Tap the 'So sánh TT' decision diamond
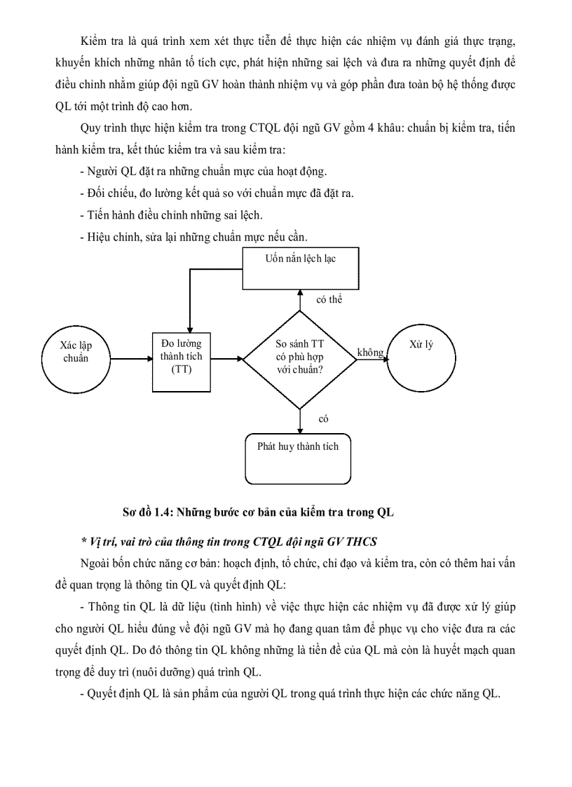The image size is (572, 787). pos(299,358)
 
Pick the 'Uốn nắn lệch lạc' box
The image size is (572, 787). pos(300,267)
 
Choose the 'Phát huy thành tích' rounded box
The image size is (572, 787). pos(298,458)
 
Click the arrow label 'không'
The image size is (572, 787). pos(370,352)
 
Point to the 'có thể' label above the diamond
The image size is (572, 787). pos(329,299)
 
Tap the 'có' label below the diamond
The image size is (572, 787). pos(323,418)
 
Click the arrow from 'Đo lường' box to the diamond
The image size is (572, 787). pos(226,359)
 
